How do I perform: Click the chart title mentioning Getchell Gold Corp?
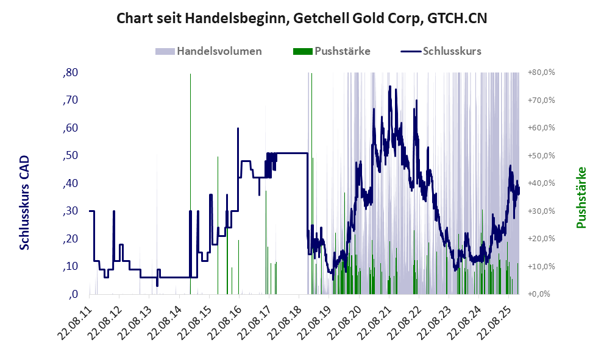302,19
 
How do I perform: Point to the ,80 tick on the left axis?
70,73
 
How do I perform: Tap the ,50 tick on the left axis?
70,156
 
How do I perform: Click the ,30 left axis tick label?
70,211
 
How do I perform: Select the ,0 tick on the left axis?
73,294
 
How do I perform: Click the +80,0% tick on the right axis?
541,73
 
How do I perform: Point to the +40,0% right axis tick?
541,183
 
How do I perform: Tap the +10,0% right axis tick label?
541,267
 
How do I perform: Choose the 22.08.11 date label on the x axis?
79,322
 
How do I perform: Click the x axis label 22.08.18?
288,322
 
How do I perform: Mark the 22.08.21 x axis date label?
377,322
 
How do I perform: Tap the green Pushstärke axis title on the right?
581,197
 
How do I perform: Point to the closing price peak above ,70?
390,87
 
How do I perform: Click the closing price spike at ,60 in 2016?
238,129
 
